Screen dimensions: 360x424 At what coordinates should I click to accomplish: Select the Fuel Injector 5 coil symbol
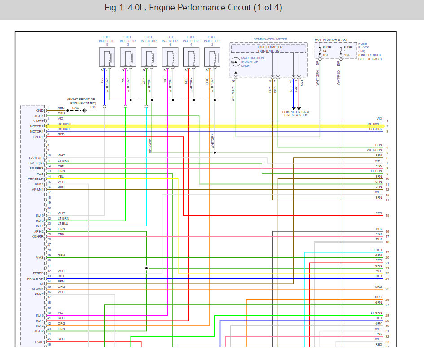[107, 57]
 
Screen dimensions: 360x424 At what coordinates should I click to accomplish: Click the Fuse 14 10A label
[327, 51]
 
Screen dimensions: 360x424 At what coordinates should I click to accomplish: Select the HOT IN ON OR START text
[331, 40]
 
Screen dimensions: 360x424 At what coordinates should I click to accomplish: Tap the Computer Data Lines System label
[295, 113]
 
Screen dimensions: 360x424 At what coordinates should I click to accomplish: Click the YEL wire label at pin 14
[61, 176]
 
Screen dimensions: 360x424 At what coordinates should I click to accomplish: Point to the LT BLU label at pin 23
[63, 223]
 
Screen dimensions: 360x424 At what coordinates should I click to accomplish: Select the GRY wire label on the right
[379, 323]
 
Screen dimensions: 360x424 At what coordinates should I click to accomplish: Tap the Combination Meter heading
[270, 39]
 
